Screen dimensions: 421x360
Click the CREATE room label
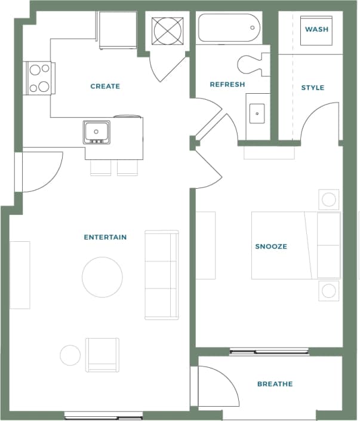(105, 87)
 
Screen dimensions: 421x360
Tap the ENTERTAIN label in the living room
(105, 238)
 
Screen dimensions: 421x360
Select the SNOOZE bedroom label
(271, 247)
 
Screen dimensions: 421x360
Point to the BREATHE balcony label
(275, 384)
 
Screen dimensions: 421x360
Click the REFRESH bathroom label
(227, 85)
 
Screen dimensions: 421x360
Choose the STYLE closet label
(312, 88)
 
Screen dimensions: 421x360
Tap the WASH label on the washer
(316, 29)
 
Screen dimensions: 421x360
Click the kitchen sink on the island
(96, 132)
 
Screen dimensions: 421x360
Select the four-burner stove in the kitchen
(39, 78)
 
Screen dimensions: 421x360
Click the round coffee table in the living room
(102, 277)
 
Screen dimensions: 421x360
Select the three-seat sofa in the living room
(162, 275)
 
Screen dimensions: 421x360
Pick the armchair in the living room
(102, 354)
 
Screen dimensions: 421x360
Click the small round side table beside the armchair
(70, 355)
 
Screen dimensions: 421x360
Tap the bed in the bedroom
(296, 245)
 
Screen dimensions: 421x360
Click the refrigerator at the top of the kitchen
(118, 30)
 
